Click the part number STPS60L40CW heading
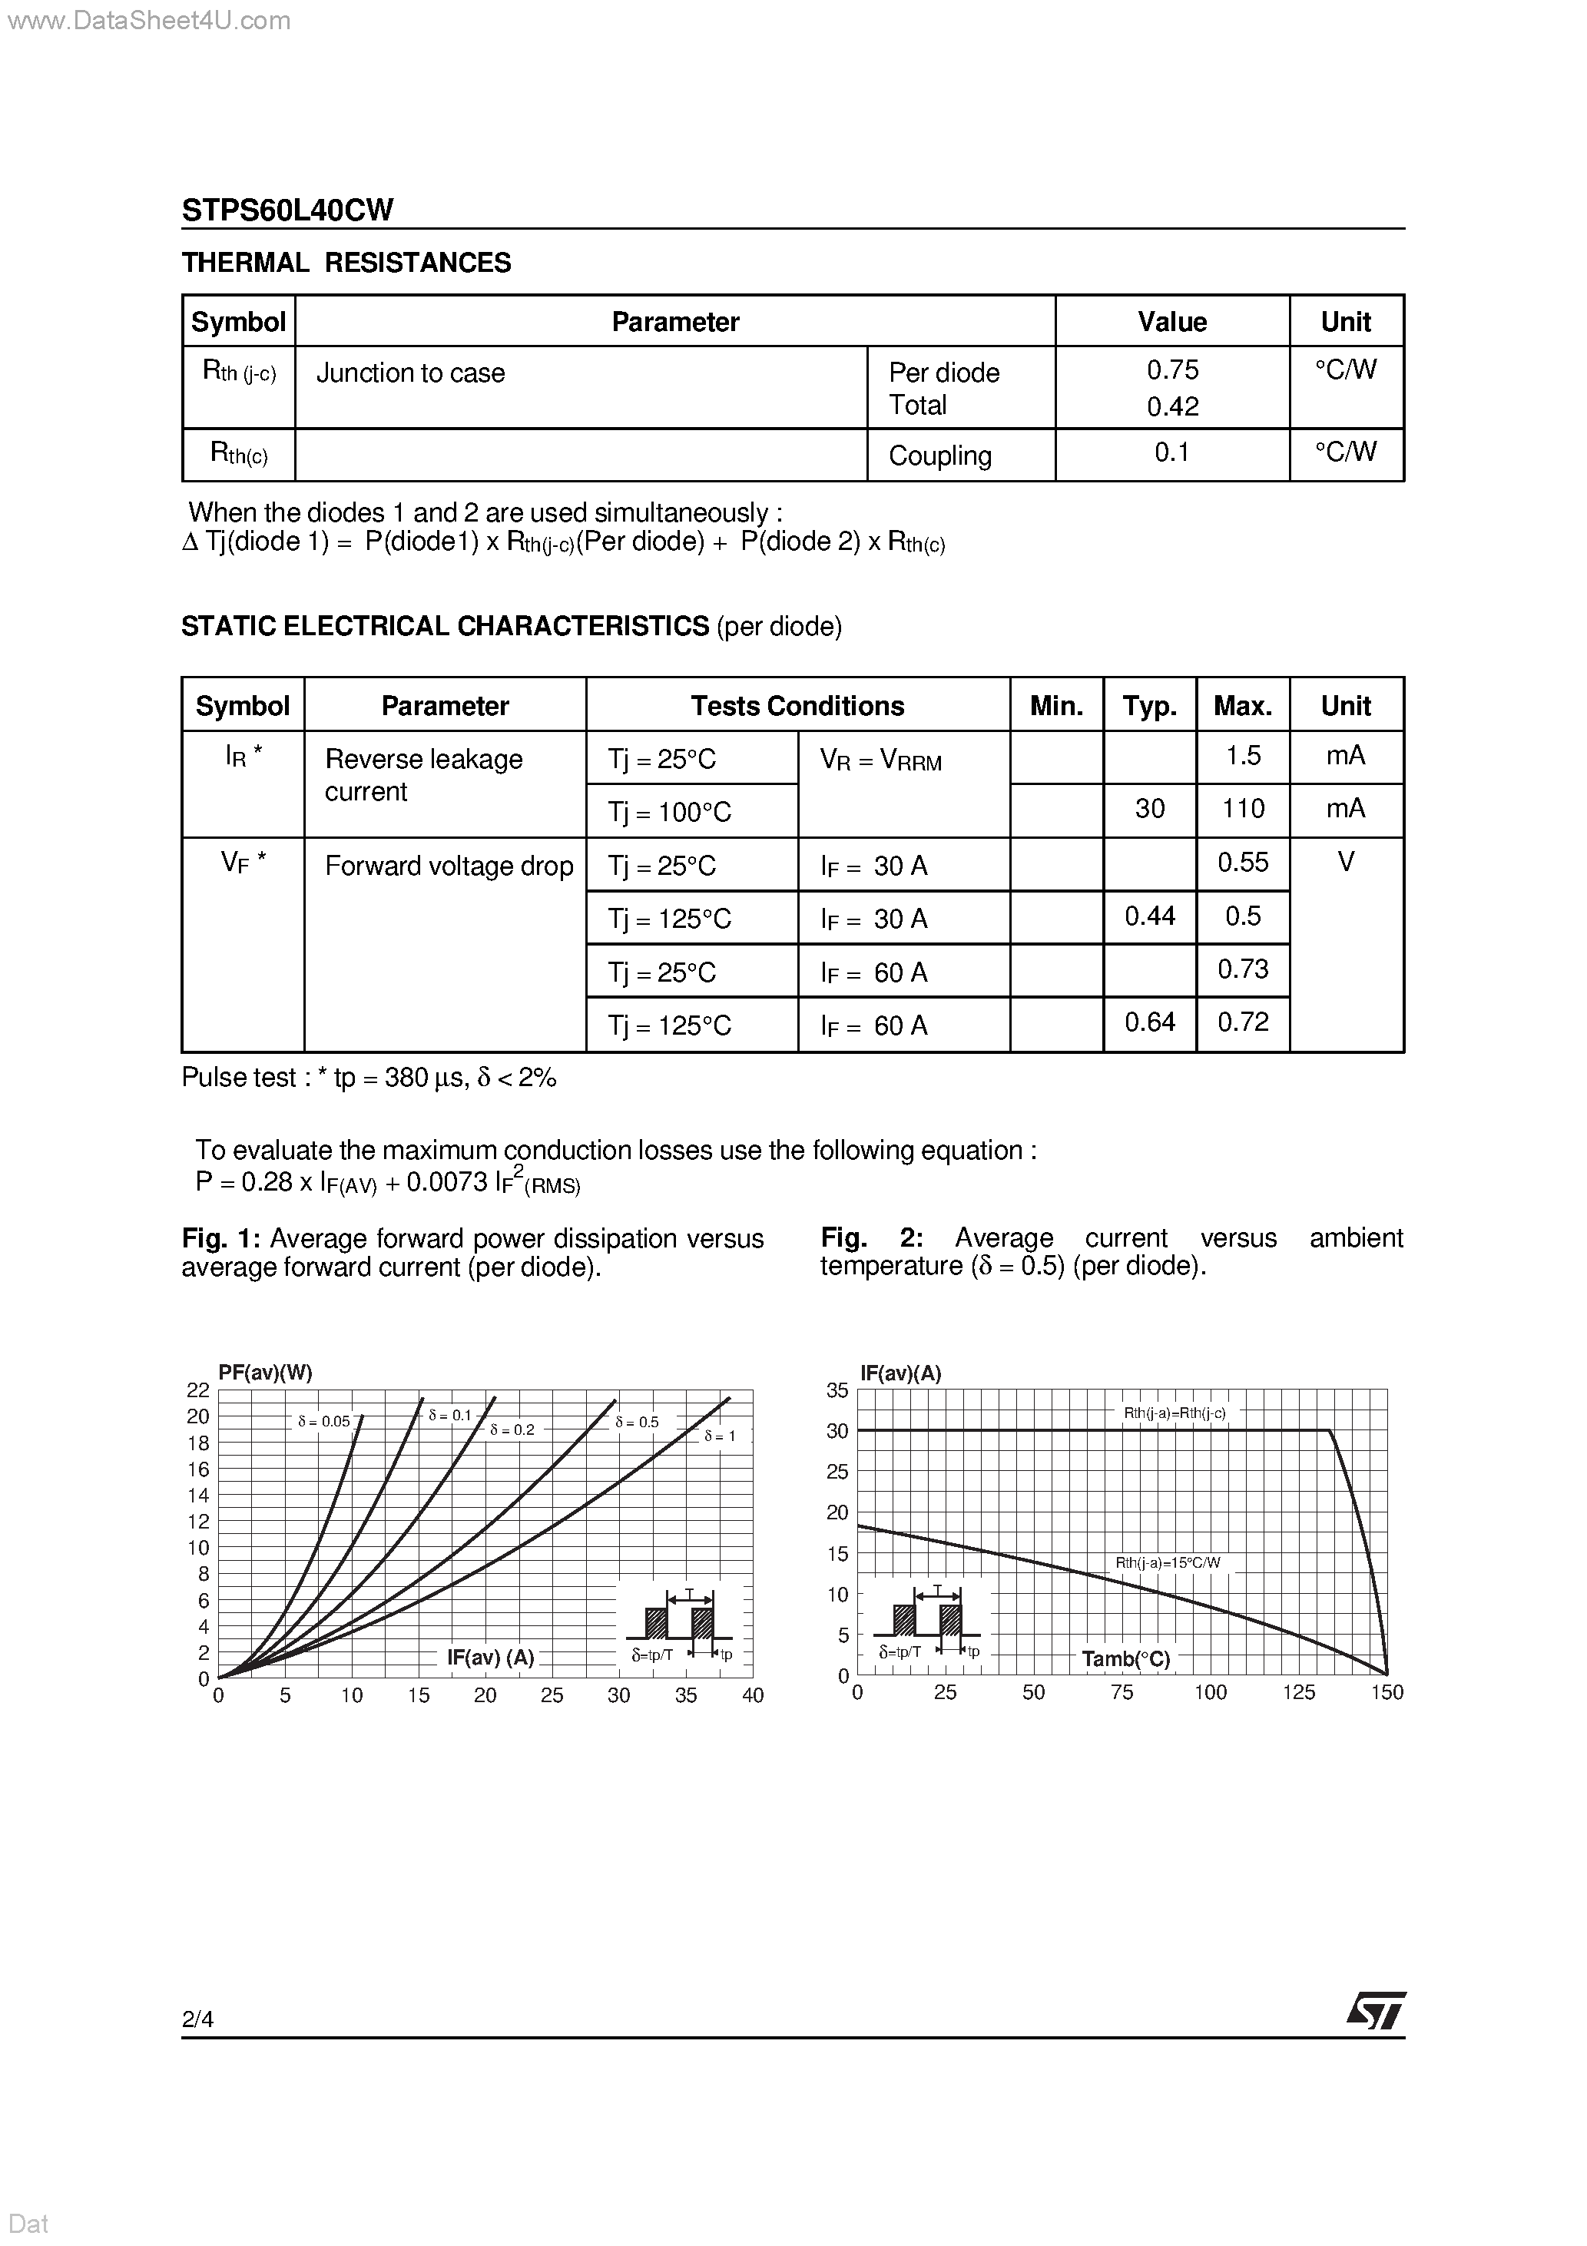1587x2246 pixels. pyautogui.click(x=287, y=210)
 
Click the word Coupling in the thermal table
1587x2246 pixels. pyautogui.click(x=939, y=455)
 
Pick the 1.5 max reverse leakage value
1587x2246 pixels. pyautogui.click(x=1243, y=755)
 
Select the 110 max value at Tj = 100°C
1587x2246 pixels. pyautogui.click(x=1243, y=808)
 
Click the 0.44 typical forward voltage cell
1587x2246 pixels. pyautogui.click(x=1150, y=916)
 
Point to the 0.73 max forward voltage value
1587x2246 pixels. pyautogui.click(x=1243, y=969)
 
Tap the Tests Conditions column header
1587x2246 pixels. pyautogui.click(x=797, y=705)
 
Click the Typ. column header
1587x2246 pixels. pyautogui.click(x=1150, y=705)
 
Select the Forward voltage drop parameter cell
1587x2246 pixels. pyautogui.click(x=448, y=866)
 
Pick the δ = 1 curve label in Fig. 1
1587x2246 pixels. pyautogui.click(x=719, y=1436)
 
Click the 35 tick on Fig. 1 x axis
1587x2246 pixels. pyautogui.click(x=686, y=1695)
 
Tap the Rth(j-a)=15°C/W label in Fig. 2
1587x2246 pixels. pyautogui.click(x=1168, y=1563)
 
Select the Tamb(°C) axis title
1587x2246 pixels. pyautogui.click(x=1125, y=1659)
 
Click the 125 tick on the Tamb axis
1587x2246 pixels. pyautogui.click(x=1298, y=1692)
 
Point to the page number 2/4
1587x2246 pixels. pyautogui.click(x=197, y=2019)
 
